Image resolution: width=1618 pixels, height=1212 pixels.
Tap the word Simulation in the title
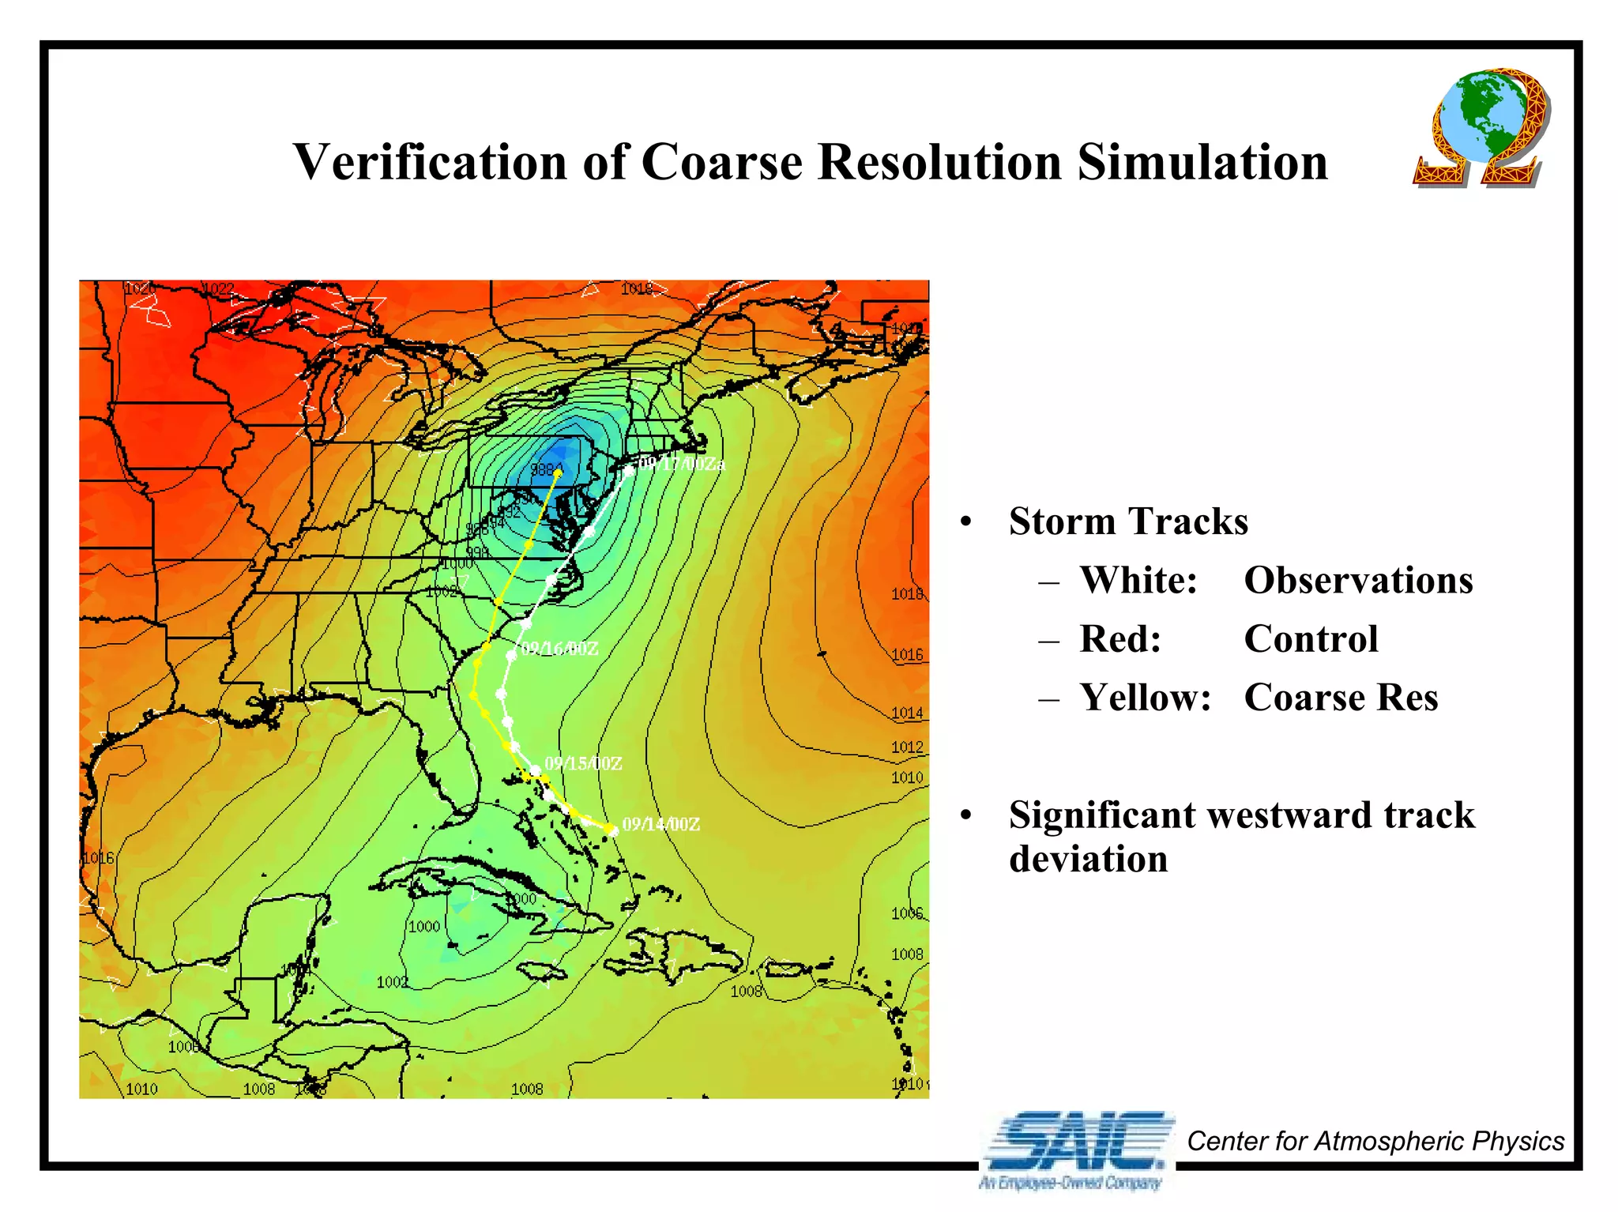pyautogui.click(x=1202, y=162)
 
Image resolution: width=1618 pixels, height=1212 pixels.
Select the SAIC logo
pyautogui.click(x=1075, y=1146)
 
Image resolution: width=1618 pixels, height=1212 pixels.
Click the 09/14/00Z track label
pyautogui.click(x=660, y=825)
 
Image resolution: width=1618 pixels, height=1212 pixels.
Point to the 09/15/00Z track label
pyautogui.click(x=583, y=764)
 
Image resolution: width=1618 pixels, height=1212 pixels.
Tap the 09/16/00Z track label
pyautogui.click(x=559, y=649)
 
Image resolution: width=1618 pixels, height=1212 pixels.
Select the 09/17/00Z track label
pyautogui.click(x=681, y=464)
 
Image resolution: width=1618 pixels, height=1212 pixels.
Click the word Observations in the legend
pyautogui.click(x=1358, y=581)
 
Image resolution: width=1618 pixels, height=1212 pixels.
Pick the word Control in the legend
pyautogui.click(x=1311, y=639)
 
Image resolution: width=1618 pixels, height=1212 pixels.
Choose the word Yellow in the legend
pyautogui.click(x=1145, y=698)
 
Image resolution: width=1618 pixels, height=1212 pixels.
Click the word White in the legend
pyautogui.click(x=1138, y=581)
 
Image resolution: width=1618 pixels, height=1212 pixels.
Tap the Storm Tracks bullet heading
pyautogui.click(x=1128, y=522)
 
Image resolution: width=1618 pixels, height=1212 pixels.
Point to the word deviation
pyautogui.click(x=1088, y=860)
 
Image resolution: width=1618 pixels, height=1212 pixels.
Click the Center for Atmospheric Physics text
pyautogui.click(x=1375, y=1142)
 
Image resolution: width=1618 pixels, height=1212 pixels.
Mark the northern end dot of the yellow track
pyautogui.click(x=558, y=473)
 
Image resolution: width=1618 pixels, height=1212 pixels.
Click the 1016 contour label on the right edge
pyautogui.click(x=907, y=655)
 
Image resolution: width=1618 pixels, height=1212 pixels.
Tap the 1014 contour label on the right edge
pyautogui.click(x=907, y=713)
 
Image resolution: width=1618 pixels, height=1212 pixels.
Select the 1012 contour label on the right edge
pyautogui.click(x=907, y=747)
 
